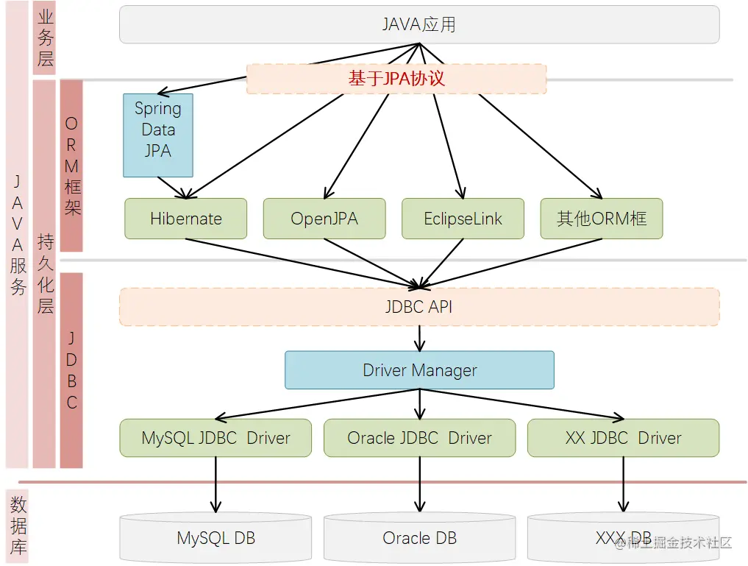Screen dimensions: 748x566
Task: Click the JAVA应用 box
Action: [419, 24]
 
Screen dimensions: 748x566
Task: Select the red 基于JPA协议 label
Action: [396, 78]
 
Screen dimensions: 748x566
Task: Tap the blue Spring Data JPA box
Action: [158, 135]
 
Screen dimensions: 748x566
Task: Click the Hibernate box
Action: [185, 219]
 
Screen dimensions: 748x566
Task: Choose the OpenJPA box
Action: [324, 219]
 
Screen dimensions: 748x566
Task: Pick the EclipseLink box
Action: [463, 219]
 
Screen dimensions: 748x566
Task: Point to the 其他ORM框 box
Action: [602, 219]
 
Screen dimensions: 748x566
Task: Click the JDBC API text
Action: [418, 307]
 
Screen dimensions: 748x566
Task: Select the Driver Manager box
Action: [419, 370]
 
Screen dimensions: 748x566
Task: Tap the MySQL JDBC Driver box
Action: [216, 438]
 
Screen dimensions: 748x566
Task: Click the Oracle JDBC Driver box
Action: [420, 438]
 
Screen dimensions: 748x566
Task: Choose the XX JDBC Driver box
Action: [624, 438]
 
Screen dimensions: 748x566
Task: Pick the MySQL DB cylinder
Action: [216, 538]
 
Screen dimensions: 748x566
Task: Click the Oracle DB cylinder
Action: [420, 538]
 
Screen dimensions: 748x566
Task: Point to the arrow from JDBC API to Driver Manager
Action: [420, 339]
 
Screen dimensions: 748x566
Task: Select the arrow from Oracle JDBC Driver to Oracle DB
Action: [420, 484]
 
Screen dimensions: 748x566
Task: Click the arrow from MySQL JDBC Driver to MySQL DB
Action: [216, 484]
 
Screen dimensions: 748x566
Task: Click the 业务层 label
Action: [45, 38]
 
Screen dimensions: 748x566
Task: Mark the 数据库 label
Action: [18, 526]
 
